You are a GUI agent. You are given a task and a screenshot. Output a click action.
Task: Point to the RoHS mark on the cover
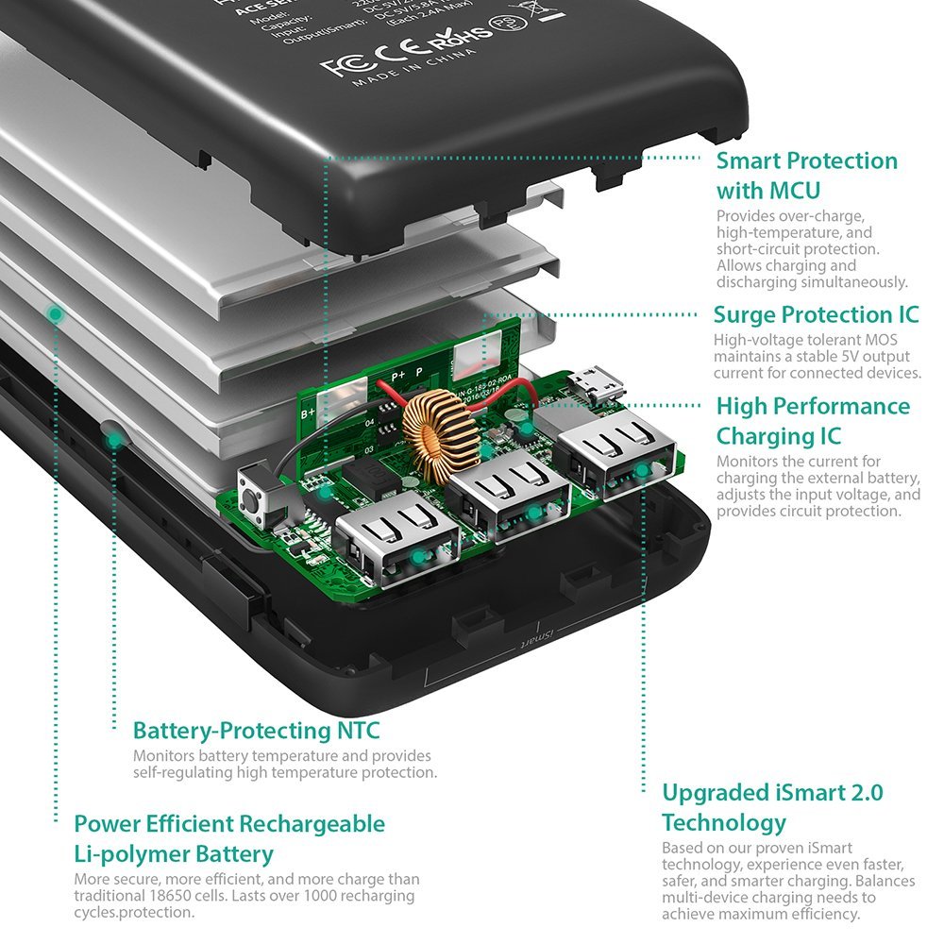(x=462, y=37)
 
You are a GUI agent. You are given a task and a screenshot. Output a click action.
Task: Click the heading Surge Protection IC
(x=816, y=314)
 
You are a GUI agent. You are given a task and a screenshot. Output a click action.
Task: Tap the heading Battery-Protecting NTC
(x=256, y=731)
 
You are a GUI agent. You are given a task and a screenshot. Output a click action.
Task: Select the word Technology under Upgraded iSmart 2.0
(x=723, y=821)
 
